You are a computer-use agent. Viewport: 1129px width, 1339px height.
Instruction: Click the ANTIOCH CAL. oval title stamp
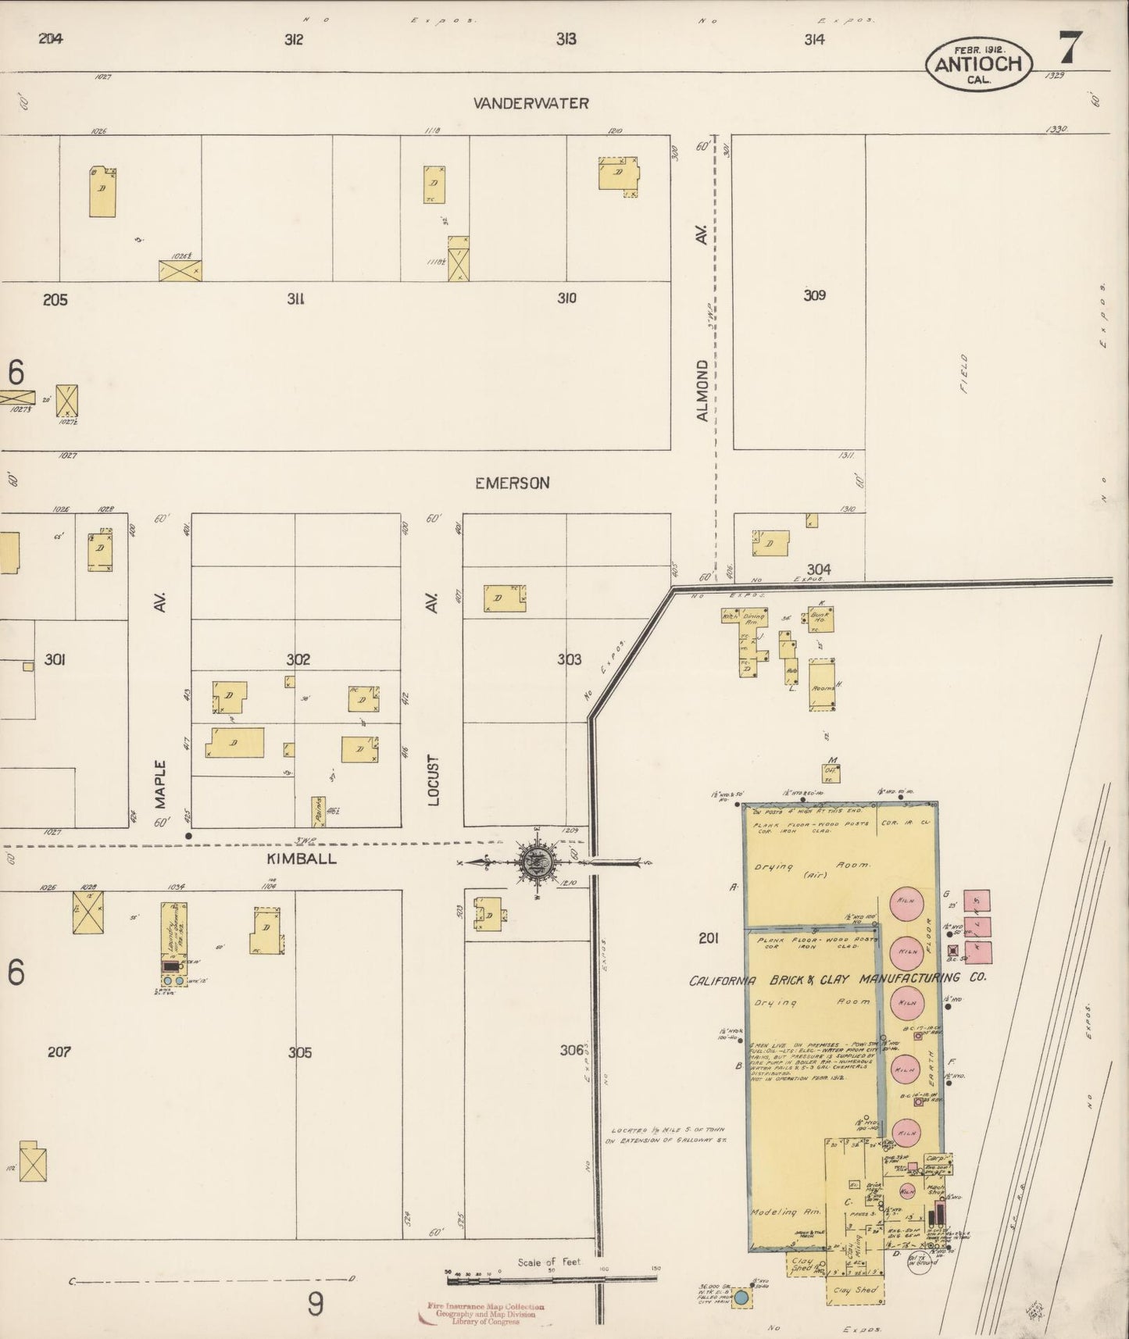click(x=978, y=64)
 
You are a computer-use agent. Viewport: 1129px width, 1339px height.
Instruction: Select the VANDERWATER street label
click(x=531, y=103)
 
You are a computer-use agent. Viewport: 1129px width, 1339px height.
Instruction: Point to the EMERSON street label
click(x=512, y=483)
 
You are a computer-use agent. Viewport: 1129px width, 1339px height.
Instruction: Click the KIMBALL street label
click(x=302, y=859)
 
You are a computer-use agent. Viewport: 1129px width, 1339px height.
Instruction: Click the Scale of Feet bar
click(x=551, y=1279)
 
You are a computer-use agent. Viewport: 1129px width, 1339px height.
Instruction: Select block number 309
click(x=814, y=295)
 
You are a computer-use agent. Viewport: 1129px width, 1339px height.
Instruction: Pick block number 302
click(x=298, y=659)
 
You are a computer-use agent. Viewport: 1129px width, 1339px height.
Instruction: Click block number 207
click(x=59, y=1052)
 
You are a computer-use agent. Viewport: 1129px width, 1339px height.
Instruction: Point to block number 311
click(x=295, y=298)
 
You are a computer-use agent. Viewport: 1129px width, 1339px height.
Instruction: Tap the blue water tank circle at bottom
click(x=741, y=1298)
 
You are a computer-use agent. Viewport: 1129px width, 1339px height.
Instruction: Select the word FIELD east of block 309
click(x=964, y=373)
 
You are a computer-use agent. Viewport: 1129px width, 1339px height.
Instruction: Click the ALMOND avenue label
click(x=702, y=391)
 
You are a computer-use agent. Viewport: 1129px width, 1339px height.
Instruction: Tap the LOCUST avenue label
click(x=434, y=780)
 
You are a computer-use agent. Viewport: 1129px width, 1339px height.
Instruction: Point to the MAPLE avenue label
click(x=160, y=785)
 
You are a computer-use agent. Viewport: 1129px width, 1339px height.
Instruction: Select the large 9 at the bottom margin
click(x=315, y=1304)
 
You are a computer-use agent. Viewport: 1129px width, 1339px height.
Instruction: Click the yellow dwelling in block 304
click(x=770, y=543)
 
